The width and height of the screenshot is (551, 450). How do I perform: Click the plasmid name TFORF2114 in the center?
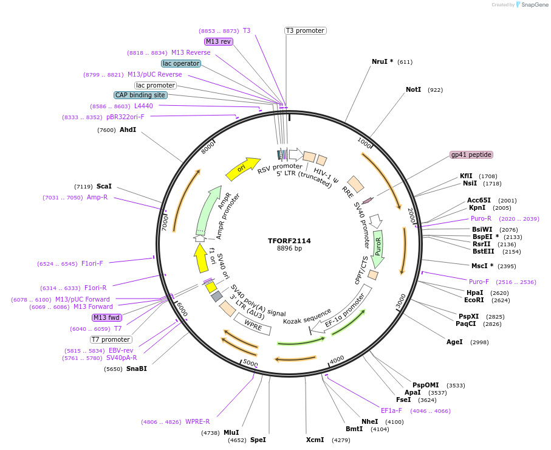289,241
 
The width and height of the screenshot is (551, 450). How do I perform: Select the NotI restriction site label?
413,89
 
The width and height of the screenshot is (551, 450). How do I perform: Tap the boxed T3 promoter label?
305,30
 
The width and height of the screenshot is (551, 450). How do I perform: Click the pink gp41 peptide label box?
471,154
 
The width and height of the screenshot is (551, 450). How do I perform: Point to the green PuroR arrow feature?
378,249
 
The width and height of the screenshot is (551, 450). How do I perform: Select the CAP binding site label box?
140,95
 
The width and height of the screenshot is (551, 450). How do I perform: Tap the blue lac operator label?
181,63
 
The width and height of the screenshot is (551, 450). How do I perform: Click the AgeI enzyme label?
454,342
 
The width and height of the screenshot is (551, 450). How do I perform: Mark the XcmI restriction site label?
315,440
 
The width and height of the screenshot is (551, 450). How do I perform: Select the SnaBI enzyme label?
137,369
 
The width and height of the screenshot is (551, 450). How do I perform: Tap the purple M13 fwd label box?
107,317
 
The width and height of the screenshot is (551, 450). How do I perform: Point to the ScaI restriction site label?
104,186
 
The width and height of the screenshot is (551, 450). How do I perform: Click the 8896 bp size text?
289,249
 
